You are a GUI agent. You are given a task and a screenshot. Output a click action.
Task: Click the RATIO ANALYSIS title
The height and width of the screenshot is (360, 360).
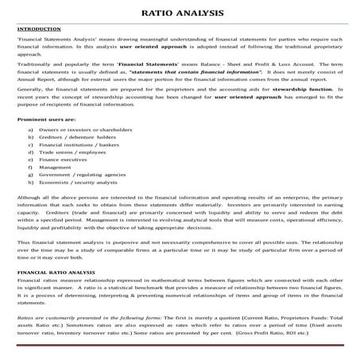180,14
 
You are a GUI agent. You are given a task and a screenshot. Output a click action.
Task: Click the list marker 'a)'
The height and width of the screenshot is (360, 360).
30,129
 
